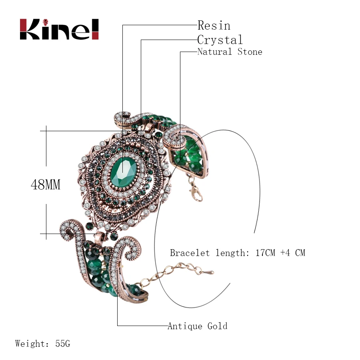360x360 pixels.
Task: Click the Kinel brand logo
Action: point(59,29)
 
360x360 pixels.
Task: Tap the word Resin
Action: point(214,26)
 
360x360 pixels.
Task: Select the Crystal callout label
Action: point(220,40)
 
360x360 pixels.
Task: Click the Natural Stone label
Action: point(230,52)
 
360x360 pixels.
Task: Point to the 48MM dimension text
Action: point(46,184)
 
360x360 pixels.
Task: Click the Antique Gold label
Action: point(197,326)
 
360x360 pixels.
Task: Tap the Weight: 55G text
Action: point(43,343)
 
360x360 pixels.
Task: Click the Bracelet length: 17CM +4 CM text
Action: point(237,253)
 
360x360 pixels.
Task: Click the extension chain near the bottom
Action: point(180,270)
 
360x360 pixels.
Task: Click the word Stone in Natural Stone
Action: point(250,52)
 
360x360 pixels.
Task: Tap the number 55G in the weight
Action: point(63,343)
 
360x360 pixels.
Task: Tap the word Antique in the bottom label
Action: point(185,326)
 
